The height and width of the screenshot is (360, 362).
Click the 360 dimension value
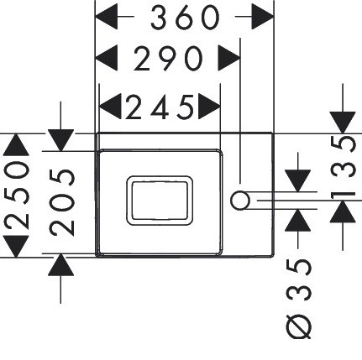point(185,18)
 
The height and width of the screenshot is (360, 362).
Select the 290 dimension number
point(168,59)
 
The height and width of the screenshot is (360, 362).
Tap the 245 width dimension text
point(160,107)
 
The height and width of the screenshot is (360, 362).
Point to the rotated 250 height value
point(17,196)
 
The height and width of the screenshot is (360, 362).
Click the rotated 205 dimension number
point(62,202)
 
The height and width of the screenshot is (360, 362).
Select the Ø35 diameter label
point(298,299)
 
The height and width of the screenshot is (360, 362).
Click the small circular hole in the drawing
point(240,201)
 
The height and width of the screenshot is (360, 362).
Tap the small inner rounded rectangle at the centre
point(160,201)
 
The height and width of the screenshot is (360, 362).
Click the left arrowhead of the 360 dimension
point(107,17)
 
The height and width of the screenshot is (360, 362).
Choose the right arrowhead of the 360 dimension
point(263,17)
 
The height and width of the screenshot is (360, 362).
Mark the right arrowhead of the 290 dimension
point(229,58)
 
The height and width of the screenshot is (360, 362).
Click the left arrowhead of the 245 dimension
point(110,107)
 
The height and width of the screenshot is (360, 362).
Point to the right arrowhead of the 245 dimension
point(210,107)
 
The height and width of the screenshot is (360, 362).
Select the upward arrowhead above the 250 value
point(16,144)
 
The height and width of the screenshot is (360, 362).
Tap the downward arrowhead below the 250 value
point(16,247)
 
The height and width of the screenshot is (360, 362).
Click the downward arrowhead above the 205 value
point(60,140)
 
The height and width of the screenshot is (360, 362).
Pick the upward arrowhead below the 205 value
point(60,265)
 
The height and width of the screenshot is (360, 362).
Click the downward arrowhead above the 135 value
point(343,123)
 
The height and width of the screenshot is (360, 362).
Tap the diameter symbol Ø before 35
point(298,326)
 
